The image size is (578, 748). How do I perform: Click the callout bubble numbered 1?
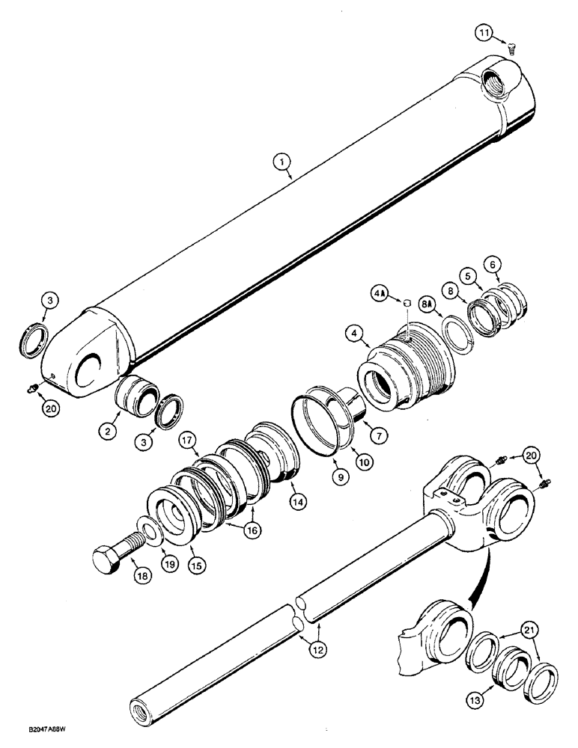point(288,159)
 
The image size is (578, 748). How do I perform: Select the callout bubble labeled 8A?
point(427,305)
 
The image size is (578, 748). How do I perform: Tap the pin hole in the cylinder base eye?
point(89,363)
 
